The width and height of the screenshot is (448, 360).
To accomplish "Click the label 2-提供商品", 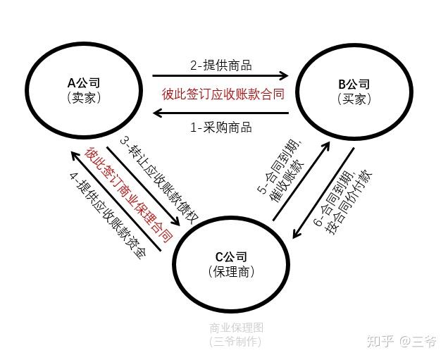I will click(x=220, y=66).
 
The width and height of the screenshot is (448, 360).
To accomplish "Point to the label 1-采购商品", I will click(x=220, y=128).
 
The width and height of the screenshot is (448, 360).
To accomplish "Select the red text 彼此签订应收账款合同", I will click(x=223, y=93).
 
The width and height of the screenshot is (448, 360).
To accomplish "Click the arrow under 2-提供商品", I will click(x=220, y=76).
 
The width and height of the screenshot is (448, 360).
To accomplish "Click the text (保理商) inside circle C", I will click(x=232, y=271).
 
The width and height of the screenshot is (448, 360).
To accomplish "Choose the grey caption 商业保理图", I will click(x=235, y=328).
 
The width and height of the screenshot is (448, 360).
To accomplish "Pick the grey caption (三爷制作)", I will click(x=235, y=342).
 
